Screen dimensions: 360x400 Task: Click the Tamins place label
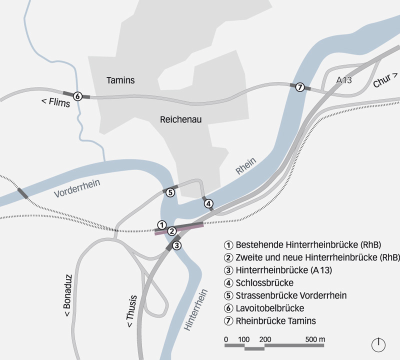tap(120, 80)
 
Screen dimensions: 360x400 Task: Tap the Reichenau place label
tap(180, 120)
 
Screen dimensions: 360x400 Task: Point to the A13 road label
tap(345, 80)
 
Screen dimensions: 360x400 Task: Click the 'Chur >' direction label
tap(385, 80)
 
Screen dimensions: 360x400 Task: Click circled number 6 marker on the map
tap(77, 96)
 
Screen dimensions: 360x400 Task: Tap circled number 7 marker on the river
tap(300, 87)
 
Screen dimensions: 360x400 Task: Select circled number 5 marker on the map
tap(170, 192)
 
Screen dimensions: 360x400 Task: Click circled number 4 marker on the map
tap(208, 203)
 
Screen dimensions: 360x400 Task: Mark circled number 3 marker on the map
tap(176, 245)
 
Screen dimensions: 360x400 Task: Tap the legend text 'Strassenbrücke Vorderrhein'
tap(291, 295)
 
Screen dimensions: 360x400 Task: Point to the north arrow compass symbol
tap(378, 344)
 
